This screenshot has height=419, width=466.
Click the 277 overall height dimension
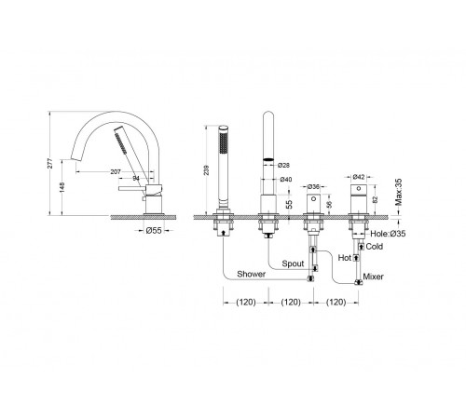(x=50, y=163)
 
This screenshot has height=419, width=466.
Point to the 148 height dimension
(x=62, y=187)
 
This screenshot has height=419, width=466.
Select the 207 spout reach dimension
(x=116, y=171)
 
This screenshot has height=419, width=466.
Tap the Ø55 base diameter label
(x=154, y=230)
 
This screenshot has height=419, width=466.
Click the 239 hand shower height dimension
(x=207, y=170)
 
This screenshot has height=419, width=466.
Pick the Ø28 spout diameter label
(x=284, y=165)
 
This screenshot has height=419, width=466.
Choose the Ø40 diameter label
(x=286, y=179)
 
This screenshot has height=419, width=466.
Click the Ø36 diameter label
(x=313, y=186)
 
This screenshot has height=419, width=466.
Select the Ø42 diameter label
(x=359, y=177)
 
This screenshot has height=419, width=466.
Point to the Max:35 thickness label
(x=398, y=192)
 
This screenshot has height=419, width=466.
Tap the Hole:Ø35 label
(x=388, y=234)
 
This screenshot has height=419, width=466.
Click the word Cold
(x=375, y=247)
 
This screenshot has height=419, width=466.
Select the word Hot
(x=344, y=258)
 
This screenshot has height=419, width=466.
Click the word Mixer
(x=373, y=277)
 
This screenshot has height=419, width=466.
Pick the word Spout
(x=293, y=264)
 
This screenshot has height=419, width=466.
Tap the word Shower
(x=251, y=274)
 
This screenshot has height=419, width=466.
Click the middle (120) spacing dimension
(x=291, y=302)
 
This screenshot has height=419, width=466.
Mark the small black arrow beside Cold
(x=361, y=247)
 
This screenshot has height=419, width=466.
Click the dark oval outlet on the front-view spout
(x=269, y=159)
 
